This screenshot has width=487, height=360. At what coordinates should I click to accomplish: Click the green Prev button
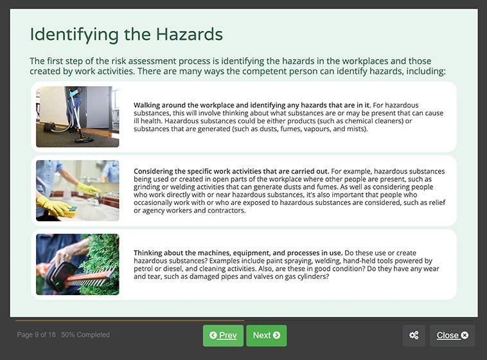(x=223, y=336)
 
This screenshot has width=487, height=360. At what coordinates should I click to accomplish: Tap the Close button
(x=452, y=336)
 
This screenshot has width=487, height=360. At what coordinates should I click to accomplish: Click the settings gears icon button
(x=414, y=336)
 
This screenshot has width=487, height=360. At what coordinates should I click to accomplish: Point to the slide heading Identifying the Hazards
(x=127, y=34)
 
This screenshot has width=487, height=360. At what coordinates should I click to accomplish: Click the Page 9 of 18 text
(x=37, y=335)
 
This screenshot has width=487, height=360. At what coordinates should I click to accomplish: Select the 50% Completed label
(x=85, y=335)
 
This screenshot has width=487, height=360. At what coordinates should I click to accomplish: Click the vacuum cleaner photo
(x=78, y=117)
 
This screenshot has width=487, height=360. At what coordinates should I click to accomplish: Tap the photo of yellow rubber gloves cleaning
(x=78, y=190)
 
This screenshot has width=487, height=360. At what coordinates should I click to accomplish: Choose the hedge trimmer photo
(x=78, y=264)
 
